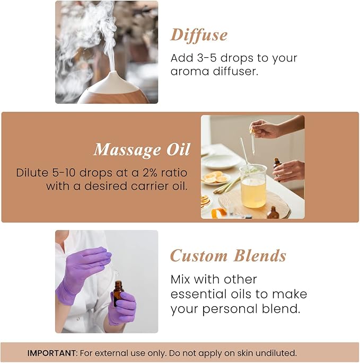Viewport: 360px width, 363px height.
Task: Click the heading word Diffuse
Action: coord(199,35)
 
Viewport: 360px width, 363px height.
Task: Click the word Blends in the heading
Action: coord(259,256)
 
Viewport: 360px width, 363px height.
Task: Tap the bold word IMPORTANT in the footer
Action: coord(49,353)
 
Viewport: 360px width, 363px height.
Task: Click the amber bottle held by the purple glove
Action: coord(118,293)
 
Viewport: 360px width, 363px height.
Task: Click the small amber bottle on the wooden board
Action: coord(273,213)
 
